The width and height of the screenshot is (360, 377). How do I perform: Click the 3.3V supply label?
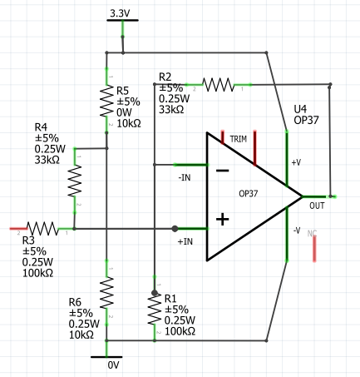point(120,13)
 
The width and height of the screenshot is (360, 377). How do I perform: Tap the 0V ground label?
point(113,365)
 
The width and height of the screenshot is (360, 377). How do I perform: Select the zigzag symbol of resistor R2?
point(219,85)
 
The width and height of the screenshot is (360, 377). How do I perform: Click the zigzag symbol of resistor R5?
point(106,102)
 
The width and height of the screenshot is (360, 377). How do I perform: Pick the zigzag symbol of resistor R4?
point(75,181)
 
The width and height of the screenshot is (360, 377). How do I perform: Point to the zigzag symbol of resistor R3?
point(42,229)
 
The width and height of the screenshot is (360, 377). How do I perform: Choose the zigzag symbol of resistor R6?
point(106,292)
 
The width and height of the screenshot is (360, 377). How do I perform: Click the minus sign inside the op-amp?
point(222,171)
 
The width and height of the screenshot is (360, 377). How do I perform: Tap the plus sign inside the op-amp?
point(222,219)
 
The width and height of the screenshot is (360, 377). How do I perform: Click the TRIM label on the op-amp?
point(239,139)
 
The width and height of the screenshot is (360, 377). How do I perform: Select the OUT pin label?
point(317,206)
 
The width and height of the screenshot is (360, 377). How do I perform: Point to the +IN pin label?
point(185,241)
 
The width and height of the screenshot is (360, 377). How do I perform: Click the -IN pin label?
point(185,177)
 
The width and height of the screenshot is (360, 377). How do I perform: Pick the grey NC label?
point(312,233)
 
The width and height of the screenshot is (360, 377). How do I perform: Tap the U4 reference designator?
point(300,109)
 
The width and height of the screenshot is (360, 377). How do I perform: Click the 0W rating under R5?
point(124,112)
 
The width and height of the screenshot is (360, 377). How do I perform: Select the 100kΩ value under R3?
point(37,273)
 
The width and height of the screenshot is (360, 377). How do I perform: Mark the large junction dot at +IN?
point(175,229)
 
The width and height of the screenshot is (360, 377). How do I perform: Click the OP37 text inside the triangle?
point(249,193)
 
